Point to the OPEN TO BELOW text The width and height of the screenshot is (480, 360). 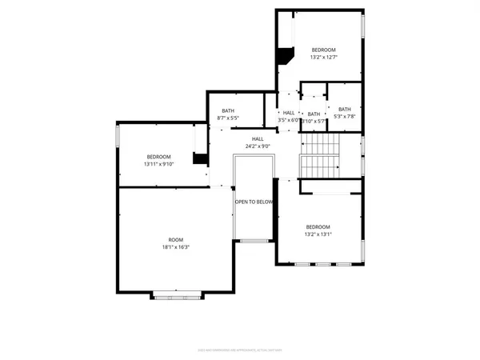pos(254,202)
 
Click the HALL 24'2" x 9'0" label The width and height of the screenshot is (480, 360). pos(258,143)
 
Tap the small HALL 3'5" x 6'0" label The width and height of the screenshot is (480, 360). pos(289,117)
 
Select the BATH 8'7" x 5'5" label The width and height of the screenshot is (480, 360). pos(228,115)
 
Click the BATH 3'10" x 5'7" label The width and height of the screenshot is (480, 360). pos(314,118)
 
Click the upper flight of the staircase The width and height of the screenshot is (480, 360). pos(319,144)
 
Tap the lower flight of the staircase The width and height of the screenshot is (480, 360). pos(319,166)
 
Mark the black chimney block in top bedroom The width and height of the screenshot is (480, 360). pos(283,58)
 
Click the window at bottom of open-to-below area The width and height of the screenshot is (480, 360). pos(254,240)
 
